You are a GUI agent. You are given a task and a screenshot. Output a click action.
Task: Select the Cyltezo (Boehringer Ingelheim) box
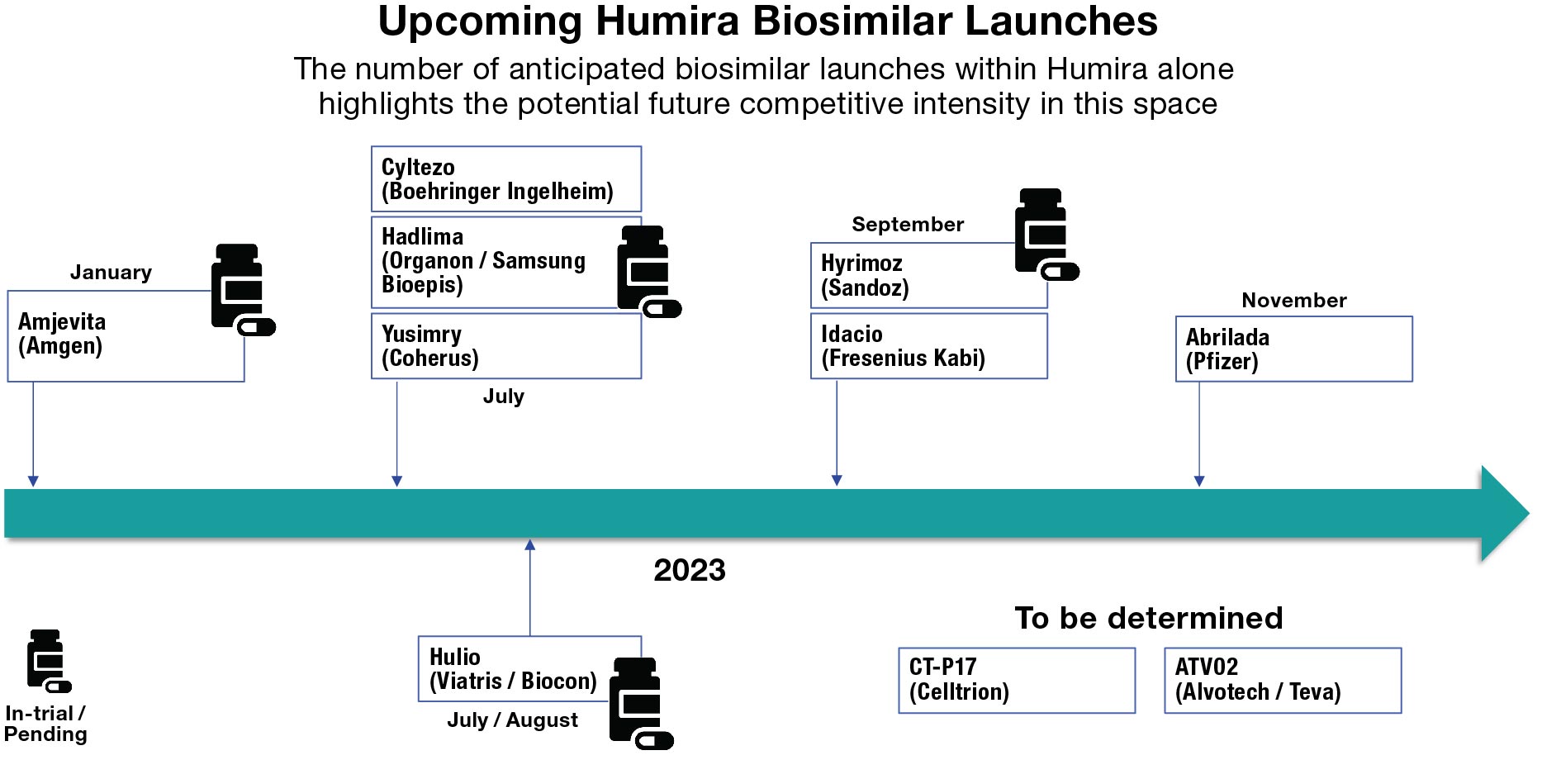point(505,179)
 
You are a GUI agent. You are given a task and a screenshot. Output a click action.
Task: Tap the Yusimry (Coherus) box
point(505,346)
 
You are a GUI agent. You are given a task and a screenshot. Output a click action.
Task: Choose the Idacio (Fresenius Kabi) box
point(928,346)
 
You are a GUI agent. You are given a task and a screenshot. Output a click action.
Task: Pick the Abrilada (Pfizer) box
point(1293,349)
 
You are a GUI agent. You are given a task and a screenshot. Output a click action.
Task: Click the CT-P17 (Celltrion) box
point(1016,680)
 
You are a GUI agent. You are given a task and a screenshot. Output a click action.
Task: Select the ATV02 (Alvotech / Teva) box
point(1282,680)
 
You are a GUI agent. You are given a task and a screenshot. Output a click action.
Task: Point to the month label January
point(111,273)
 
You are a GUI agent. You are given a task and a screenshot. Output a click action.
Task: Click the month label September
point(907,225)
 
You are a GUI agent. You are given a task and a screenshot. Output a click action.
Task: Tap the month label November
point(1293,301)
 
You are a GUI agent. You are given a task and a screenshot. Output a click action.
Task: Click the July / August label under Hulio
point(512,720)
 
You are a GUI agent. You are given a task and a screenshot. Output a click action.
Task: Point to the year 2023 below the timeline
point(689,570)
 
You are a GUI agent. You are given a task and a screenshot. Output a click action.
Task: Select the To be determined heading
point(1148,618)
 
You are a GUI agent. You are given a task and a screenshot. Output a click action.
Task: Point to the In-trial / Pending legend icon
point(48,661)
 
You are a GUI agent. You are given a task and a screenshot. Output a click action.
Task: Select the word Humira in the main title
point(667,21)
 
